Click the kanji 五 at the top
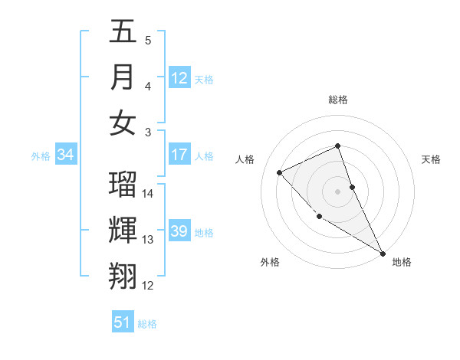point(123,32)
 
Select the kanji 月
point(123,77)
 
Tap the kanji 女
point(123,123)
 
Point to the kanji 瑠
point(123,185)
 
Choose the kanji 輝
point(123,231)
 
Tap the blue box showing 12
point(179,77)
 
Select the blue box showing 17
point(179,155)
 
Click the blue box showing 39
point(179,231)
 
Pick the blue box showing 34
point(66,155)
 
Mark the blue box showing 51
point(123,322)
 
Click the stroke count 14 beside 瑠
point(148,194)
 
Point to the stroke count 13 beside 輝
point(148,240)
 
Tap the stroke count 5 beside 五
point(148,41)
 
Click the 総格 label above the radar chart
point(338,100)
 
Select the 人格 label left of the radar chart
point(245,159)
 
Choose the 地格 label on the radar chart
point(402,262)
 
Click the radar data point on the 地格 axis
point(383,254)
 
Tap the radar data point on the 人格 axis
point(280,172)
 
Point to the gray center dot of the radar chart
point(338,191)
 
